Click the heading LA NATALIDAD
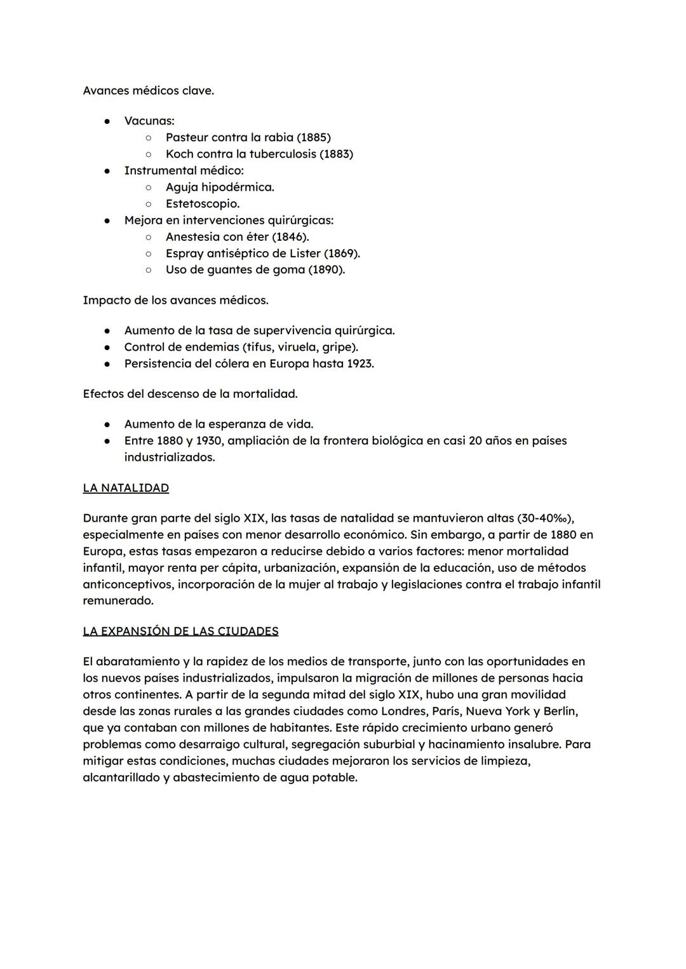126,488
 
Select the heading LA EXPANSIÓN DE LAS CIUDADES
180,631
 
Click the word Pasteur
187,137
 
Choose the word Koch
180,154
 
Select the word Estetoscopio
202,203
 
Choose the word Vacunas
149,121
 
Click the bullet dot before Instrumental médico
108,170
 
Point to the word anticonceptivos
128,584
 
